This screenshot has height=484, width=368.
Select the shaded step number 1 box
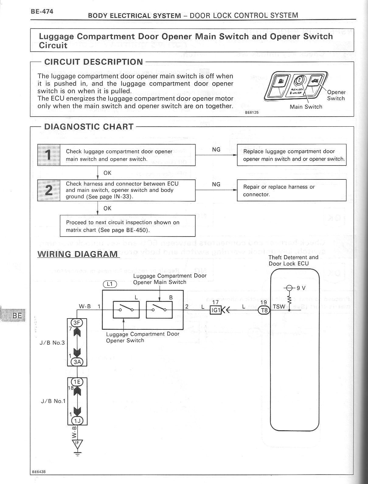pos(49,155)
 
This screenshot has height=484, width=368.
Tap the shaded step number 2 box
pos(49,190)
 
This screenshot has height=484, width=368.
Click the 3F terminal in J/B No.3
pos(77,323)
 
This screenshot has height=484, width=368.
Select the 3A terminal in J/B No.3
pos(77,362)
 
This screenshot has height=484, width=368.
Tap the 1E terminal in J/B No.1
pos(77,382)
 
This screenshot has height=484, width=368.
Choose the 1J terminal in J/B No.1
pos(77,421)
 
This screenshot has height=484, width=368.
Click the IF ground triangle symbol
pos(77,444)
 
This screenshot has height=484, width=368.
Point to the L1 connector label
pos(110,284)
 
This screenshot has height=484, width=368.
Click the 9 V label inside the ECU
pos(301,288)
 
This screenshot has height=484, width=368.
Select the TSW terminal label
pos(279,307)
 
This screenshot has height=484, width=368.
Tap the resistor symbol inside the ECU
pos(289,300)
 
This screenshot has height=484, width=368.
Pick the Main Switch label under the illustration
pos(306,107)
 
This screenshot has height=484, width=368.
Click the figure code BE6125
pos(252,112)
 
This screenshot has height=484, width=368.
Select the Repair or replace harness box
pos(291,190)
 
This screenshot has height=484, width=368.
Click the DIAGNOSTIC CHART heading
pos(89,127)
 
